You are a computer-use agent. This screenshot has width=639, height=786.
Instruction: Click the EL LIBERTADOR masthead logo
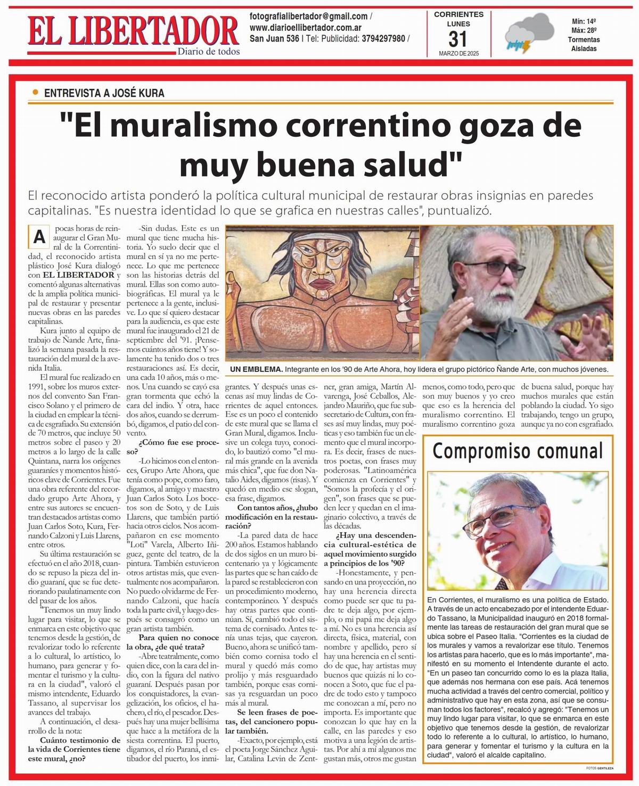pos(133,30)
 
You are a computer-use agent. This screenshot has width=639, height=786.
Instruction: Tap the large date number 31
pos(458,39)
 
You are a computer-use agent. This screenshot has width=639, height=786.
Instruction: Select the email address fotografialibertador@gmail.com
pos(308,16)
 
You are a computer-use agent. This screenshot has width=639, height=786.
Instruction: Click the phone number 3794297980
pos(383,38)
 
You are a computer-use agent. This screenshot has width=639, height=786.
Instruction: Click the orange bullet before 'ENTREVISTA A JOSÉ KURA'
pos(36,92)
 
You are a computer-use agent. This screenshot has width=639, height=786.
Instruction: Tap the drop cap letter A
pos(39,237)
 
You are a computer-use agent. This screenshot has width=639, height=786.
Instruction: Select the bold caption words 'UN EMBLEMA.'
pos(256,369)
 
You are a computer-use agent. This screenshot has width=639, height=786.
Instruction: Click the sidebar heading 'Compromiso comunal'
pos(518,451)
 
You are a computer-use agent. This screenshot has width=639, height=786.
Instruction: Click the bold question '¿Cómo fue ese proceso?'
pos(170,446)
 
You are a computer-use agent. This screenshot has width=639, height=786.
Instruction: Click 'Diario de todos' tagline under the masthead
pos(208,52)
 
